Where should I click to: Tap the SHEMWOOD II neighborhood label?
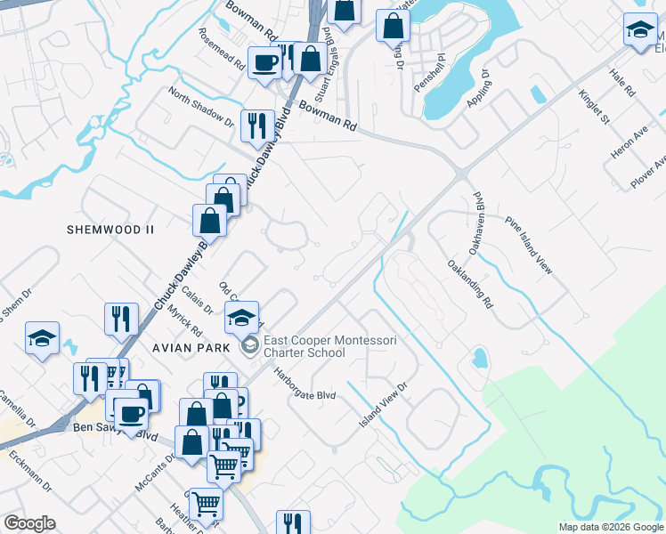click(x=111, y=229)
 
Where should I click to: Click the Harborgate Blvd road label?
click(x=305, y=384)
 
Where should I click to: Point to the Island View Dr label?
click(x=382, y=403)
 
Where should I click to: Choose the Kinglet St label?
click(x=593, y=106)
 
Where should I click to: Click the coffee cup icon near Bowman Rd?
click(x=264, y=63)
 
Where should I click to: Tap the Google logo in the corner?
click(x=30, y=523)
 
